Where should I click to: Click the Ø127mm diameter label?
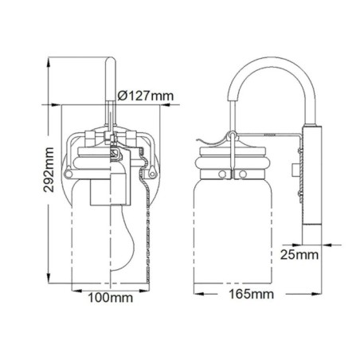click(x=146, y=97)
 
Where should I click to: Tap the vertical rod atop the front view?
click(x=108, y=88)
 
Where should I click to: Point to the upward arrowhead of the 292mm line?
click(x=49, y=61)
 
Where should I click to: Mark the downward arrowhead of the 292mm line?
click(x=49, y=285)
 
